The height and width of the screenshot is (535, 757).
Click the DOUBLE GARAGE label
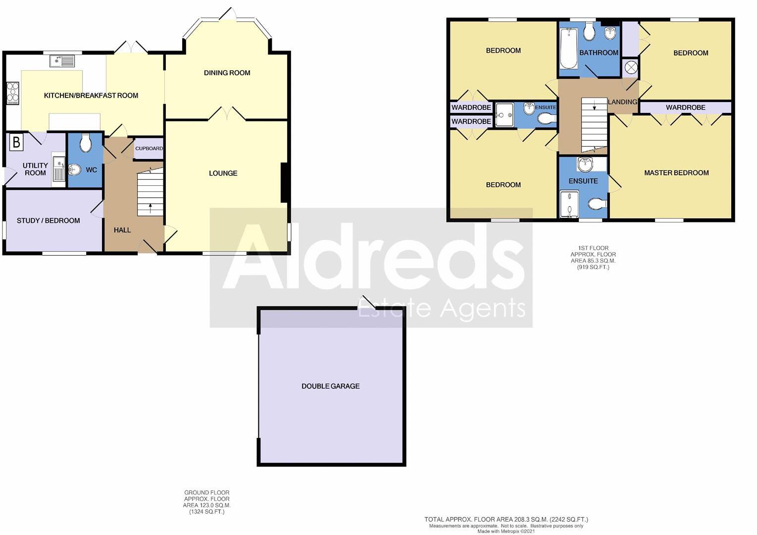pos(330,386)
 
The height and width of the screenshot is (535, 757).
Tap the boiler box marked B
pos(16,143)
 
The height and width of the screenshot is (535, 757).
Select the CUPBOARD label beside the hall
pos(149,148)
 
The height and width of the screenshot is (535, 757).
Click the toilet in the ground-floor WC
pos(86,143)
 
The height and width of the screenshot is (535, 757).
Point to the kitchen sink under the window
pos(62,61)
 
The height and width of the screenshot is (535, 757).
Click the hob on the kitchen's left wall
pos(12,93)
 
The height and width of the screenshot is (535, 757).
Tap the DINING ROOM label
pos(227,73)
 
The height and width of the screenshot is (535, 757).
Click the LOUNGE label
pos(223,173)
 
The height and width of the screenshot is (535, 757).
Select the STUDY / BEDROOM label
pos(48,220)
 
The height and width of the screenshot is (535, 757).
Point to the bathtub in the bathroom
pos(568,49)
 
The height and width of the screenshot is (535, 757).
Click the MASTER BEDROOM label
pos(676,173)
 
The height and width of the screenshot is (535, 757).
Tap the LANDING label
pos(622,102)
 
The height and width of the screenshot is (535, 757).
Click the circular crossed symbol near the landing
pos(631,68)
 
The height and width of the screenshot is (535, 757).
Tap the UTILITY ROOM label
pos(35,169)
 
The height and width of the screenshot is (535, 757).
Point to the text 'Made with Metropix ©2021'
pos(506,532)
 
